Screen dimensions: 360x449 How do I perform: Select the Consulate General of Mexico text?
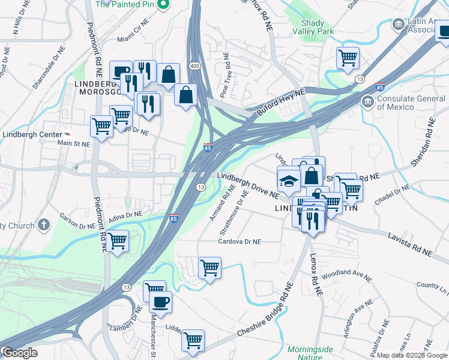(x=405, y=103)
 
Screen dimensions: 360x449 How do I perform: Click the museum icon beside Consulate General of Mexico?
(x=367, y=102)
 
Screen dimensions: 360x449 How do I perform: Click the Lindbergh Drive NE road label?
(x=248, y=185)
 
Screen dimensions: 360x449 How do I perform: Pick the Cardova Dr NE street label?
(x=240, y=242)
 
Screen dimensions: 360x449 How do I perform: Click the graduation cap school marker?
(x=289, y=180)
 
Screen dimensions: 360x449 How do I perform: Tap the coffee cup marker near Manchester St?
(x=160, y=302)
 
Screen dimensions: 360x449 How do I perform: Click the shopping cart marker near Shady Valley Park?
(x=348, y=58)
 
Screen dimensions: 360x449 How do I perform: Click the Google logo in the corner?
(x=19, y=352)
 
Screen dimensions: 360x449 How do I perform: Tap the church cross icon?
(x=43, y=225)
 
